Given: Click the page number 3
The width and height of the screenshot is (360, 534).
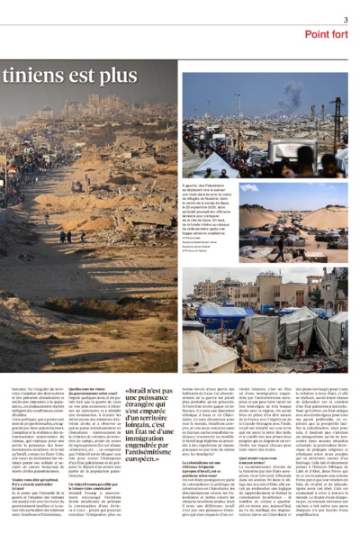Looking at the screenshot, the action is point(345,19).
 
